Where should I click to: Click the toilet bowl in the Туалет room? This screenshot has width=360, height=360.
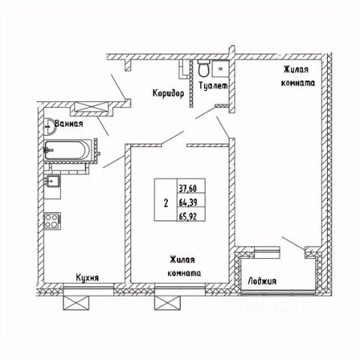click(x=203, y=68)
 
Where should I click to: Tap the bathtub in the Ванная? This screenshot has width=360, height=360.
click(x=67, y=150)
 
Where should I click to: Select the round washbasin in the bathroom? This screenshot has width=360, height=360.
click(x=49, y=127)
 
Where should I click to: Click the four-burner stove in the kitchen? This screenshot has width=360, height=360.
click(x=52, y=220)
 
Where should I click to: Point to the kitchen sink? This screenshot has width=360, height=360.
click(x=52, y=181)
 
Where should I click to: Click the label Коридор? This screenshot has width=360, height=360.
click(x=168, y=94)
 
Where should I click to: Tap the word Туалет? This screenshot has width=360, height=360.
click(x=214, y=85)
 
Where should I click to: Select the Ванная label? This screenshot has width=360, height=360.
click(x=69, y=123)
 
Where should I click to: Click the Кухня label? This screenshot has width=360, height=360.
click(x=87, y=277)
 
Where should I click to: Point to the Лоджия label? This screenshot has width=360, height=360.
click(x=262, y=281)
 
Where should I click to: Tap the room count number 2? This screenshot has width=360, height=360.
click(x=166, y=203)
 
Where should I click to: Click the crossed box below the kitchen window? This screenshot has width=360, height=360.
click(x=76, y=303)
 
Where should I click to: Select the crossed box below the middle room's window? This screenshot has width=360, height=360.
click(x=167, y=303)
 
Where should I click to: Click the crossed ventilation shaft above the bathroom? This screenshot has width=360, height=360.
click(x=90, y=107)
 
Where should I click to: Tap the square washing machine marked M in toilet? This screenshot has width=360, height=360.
click(x=220, y=68)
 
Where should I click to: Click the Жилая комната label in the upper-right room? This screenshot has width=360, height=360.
click(x=298, y=76)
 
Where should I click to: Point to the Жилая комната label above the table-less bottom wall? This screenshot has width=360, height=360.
click(x=184, y=266)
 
